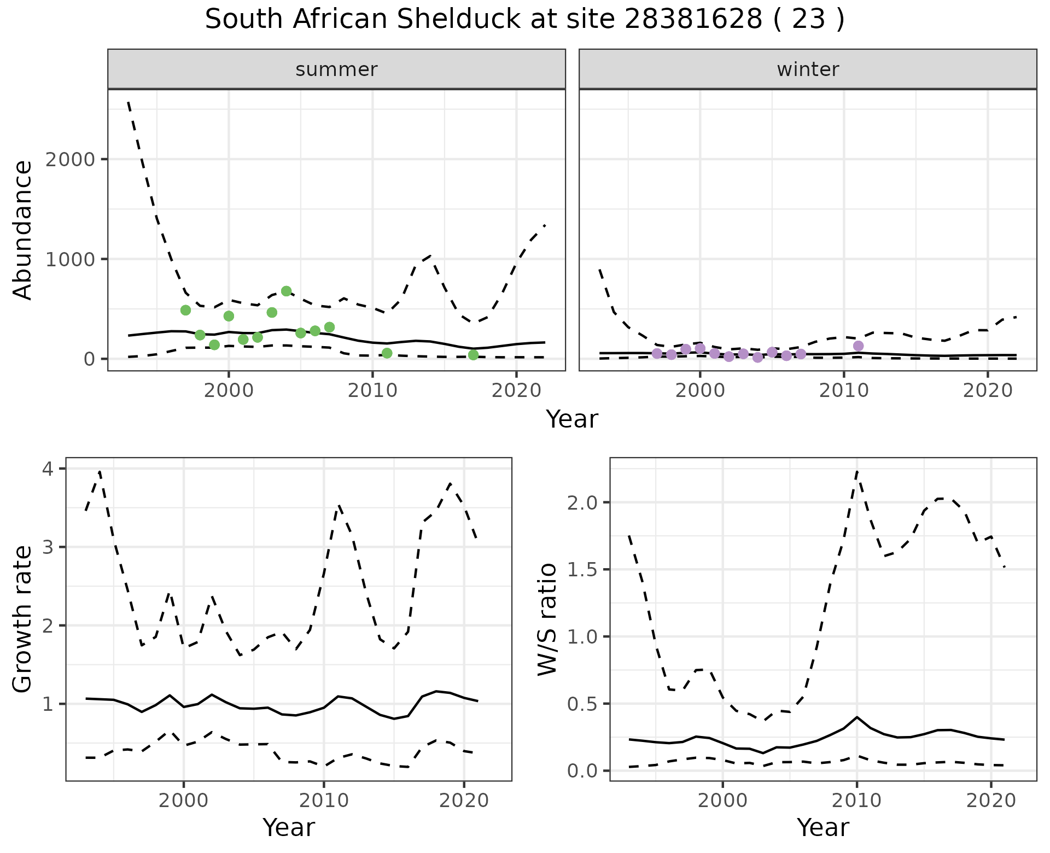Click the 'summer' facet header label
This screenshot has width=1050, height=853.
click(336, 69)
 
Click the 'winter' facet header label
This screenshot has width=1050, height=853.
click(808, 69)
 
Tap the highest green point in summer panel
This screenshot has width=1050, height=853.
click(286, 291)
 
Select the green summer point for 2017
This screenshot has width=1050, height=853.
click(474, 355)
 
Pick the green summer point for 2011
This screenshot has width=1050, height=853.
click(387, 353)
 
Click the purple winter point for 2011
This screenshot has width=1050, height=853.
click(858, 346)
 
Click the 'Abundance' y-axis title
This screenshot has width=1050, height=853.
click(23, 230)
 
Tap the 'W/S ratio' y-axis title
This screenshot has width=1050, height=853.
click(547, 619)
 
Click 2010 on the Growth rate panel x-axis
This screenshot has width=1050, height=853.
click(324, 801)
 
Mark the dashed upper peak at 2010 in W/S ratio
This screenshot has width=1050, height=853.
click(857, 471)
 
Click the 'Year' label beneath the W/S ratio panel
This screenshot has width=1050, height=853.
click(822, 827)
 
